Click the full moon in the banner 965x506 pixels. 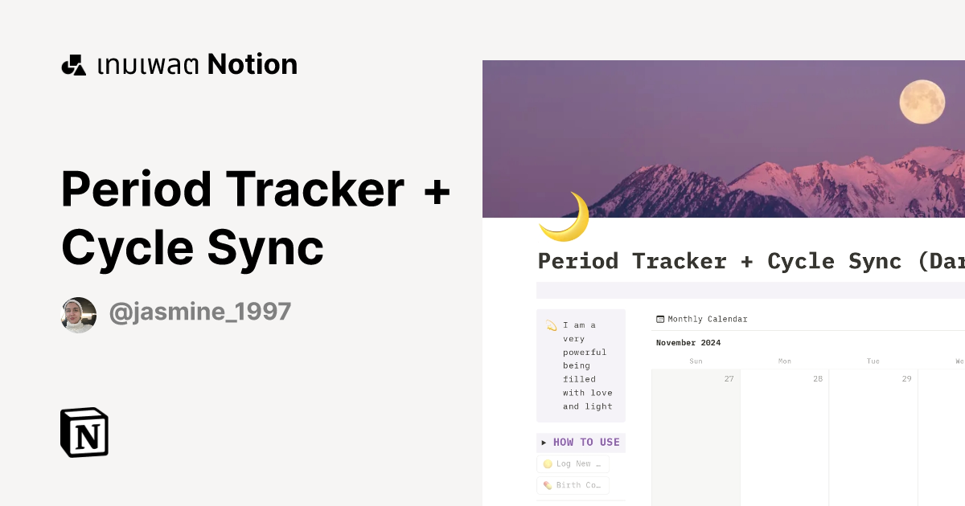coord(922,102)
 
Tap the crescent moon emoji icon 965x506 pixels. coord(565,218)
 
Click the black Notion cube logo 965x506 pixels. coord(84,433)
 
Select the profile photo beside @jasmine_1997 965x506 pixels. coord(79,315)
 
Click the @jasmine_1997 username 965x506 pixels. coord(199,312)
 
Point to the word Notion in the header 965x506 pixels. coord(252,64)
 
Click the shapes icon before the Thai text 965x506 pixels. coord(74,65)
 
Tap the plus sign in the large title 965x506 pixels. coord(436,190)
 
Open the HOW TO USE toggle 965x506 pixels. coord(581,443)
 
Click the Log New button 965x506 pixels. coord(573,463)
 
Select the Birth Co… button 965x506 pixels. coord(573,485)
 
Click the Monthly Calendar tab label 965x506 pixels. coord(707,319)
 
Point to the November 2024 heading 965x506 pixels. coord(688,343)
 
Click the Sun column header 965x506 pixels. coord(696,361)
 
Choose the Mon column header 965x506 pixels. coord(784,361)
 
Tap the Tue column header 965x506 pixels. coord(873,361)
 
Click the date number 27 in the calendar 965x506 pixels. coord(729,378)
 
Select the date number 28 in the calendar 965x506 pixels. coord(817,378)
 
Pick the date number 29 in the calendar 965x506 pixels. coord(906,378)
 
